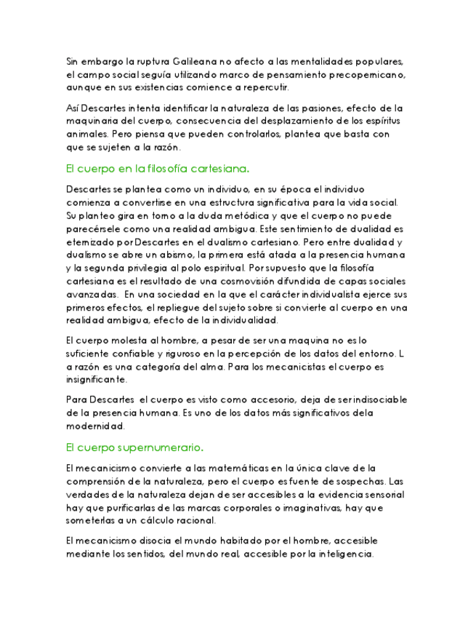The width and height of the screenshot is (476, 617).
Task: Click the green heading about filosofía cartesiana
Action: [157, 168]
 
